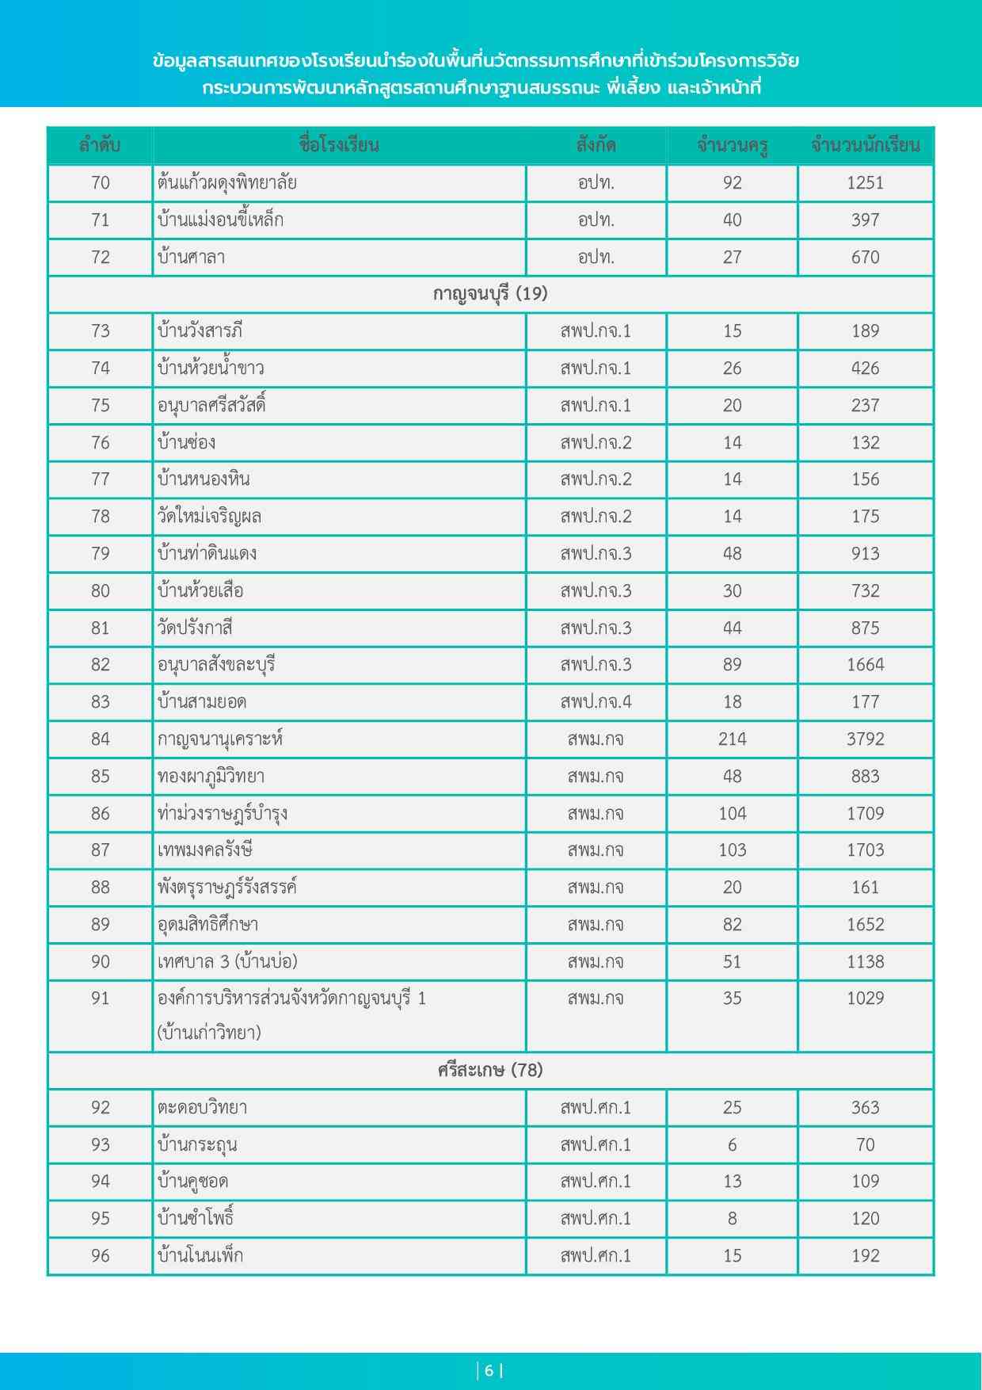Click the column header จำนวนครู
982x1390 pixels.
pyautogui.click(x=732, y=146)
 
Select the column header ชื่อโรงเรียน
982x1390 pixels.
pyautogui.click(x=339, y=146)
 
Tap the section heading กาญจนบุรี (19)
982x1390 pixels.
pyautogui.click(x=490, y=294)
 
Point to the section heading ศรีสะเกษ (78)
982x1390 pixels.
pyautogui.click(x=490, y=1071)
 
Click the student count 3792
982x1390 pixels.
pyautogui.click(x=865, y=739)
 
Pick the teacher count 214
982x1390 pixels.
pyautogui.click(x=732, y=739)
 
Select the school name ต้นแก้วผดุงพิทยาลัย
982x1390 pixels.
pyautogui.click(x=227, y=183)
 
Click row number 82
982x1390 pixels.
pyautogui.click(x=100, y=665)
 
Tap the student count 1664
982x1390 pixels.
pyautogui.click(x=865, y=665)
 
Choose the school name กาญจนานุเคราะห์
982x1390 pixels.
pyautogui.click(x=220, y=739)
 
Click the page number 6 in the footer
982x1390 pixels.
pyautogui.click(x=489, y=1371)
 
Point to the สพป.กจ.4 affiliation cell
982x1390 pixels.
pyautogui.click(x=596, y=702)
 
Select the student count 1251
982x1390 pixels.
pyautogui.click(x=865, y=183)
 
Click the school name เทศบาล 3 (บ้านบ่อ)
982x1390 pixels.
pyautogui.click(x=227, y=962)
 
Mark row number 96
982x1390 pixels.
pyautogui.click(x=100, y=1256)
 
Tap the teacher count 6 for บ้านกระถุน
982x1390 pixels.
pyautogui.click(x=732, y=1145)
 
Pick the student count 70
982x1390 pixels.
pyautogui.click(x=865, y=1145)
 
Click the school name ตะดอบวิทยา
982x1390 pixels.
pyautogui.click(x=203, y=1108)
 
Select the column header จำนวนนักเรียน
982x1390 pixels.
pyautogui.click(x=865, y=146)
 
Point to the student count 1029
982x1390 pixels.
pyautogui.click(x=865, y=999)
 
